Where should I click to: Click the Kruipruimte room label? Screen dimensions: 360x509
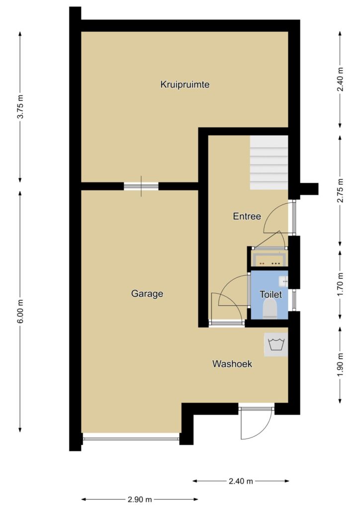pos(184,85)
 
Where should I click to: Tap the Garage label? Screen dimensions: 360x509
pos(147,294)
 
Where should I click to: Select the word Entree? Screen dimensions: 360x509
pos(247,216)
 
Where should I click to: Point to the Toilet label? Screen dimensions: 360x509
pos(270,294)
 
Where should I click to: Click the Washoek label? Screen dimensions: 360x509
pos(232,363)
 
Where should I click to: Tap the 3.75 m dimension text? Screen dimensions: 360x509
pos(20,106)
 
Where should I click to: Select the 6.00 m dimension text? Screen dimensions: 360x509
pos(20,311)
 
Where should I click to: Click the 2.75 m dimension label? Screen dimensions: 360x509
pos(340,190)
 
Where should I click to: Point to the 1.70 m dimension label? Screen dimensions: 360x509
pos(340,284)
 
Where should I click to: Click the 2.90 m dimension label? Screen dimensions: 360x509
pos(140,499)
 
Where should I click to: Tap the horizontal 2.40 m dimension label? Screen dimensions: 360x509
pos(241,481)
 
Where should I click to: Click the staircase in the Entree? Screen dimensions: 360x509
pos(269,163)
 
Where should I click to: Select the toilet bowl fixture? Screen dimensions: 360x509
pos(270,309)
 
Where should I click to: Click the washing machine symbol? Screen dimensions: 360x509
pos(276,344)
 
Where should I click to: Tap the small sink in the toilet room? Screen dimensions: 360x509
pos(283,281)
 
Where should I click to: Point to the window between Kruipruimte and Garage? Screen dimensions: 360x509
pos(141,186)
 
